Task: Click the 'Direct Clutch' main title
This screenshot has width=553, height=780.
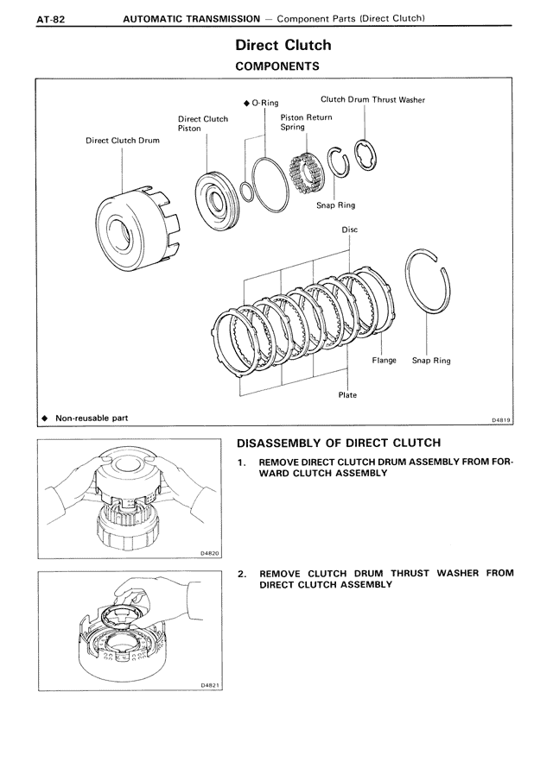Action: click(283, 45)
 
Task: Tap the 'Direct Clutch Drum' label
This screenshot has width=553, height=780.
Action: click(122, 140)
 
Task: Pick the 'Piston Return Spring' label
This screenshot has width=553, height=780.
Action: click(306, 122)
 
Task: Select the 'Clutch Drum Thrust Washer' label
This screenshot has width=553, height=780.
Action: click(372, 100)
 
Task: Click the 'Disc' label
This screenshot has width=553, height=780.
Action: click(349, 230)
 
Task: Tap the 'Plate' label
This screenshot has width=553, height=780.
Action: click(347, 395)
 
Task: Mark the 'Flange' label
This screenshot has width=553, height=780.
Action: click(384, 361)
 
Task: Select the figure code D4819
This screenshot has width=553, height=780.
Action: click(502, 420)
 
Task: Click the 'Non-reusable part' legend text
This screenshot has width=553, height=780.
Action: click(92, 418)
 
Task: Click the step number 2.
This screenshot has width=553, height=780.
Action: click(243, 573)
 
